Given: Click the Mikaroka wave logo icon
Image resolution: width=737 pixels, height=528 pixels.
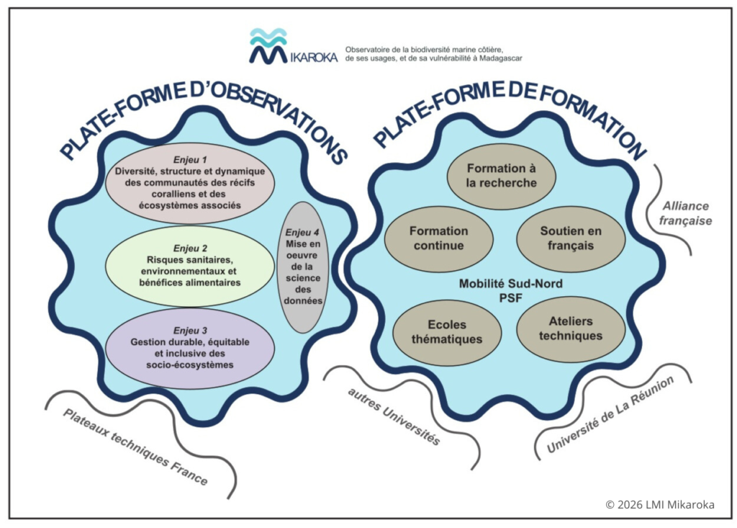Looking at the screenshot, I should [268, 45].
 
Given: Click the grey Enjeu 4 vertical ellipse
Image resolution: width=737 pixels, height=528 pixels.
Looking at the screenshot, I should [302, 267].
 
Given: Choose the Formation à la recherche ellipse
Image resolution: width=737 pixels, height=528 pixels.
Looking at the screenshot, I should [502, 176].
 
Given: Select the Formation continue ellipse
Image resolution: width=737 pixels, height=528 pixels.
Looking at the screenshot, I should [438, 238].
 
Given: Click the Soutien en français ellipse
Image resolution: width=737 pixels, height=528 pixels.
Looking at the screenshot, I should [571, 238].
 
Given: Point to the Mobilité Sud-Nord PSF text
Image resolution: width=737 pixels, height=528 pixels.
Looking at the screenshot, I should [511, 290].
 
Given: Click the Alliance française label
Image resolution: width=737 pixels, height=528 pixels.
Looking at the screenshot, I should [685, 213].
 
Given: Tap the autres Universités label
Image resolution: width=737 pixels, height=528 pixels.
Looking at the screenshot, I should [393, 416].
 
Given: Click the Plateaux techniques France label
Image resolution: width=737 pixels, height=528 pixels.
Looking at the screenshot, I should [135, 447].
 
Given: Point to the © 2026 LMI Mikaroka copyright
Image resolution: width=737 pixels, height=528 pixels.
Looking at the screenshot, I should [660, 505].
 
